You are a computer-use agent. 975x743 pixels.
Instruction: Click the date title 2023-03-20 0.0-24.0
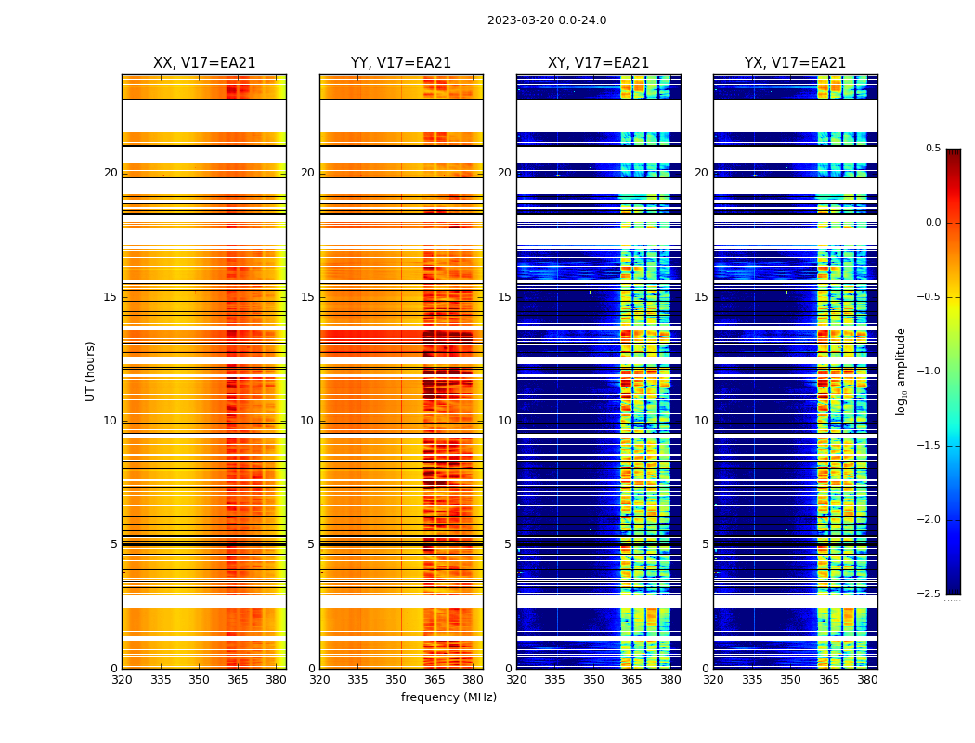[547, 20]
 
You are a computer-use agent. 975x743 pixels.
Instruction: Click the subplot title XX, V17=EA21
[204, 63]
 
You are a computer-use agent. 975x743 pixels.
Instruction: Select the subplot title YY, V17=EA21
[401, 63]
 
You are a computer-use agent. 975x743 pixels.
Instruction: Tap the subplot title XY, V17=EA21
[598, 63]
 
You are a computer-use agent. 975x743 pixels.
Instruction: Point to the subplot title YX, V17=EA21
[795, 63]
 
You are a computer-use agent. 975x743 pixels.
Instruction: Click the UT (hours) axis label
[91, 371]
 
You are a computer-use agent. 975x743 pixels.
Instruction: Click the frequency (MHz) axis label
[448, 697]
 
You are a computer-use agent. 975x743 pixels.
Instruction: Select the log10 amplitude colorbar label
[901, 371]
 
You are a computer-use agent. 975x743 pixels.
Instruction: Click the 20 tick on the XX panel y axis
[110, 173]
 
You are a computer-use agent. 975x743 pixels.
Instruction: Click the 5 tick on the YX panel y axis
[705, 544]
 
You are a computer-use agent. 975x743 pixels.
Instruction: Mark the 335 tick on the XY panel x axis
[555, 679]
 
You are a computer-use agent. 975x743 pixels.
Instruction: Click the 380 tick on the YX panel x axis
[867, 679]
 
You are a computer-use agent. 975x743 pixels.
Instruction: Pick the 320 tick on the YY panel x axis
[319, 679]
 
